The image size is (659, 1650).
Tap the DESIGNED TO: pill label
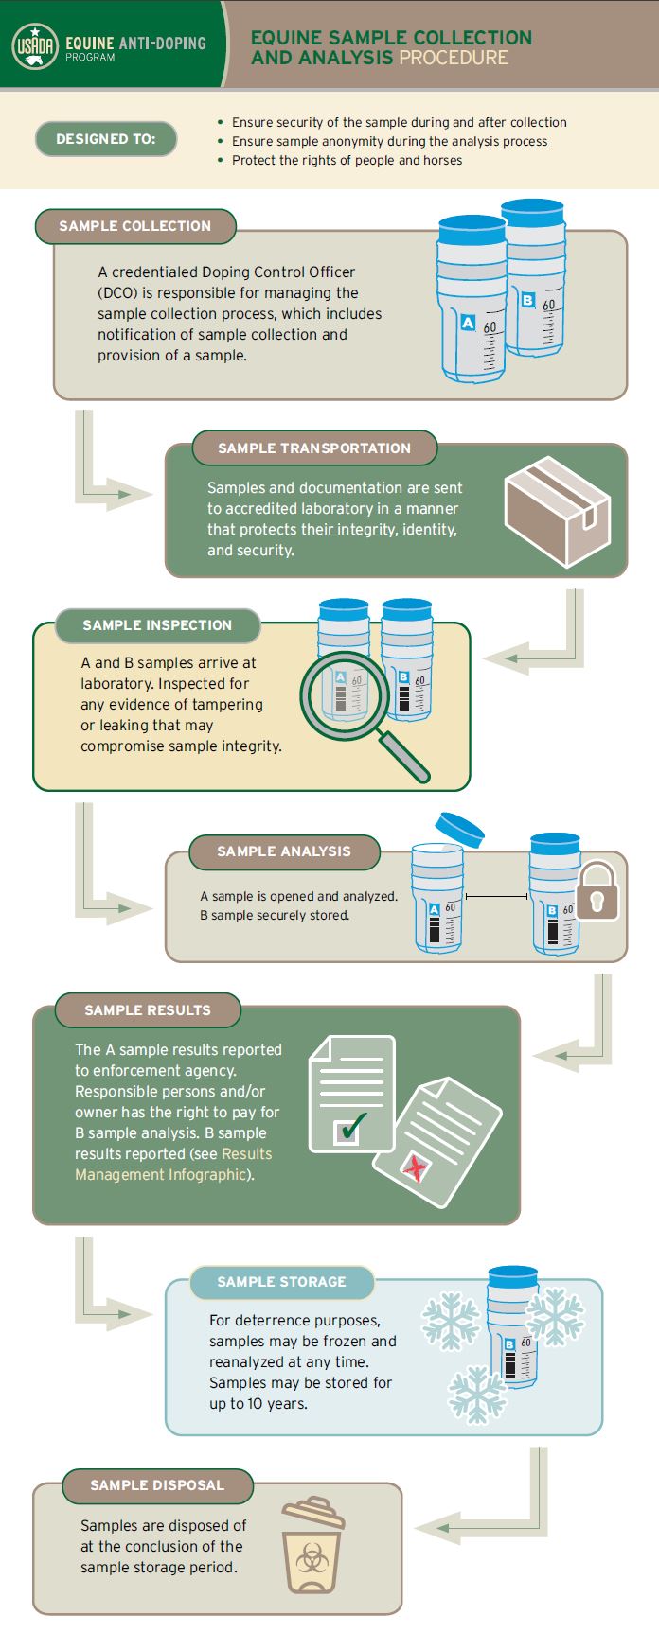coord(106,139)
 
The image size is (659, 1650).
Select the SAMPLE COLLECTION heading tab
coord(135,226)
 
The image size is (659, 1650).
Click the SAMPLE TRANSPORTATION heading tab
coord(314,448)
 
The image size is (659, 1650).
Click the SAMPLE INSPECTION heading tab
coord(157,625)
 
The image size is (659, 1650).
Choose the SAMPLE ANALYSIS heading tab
coord(284,851)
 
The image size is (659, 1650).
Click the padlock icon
coord(597,890)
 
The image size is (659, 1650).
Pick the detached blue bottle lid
coord(459,828)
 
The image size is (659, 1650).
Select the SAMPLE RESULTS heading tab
coord(148,1010)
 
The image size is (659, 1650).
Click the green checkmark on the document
coord(351,1126)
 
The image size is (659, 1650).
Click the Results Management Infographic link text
coord(173,1165)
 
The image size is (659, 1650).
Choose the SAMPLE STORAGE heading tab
coord(281,1282)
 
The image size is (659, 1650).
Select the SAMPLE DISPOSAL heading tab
coord(157,1485)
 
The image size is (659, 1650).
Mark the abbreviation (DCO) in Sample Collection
coord(116,293)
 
